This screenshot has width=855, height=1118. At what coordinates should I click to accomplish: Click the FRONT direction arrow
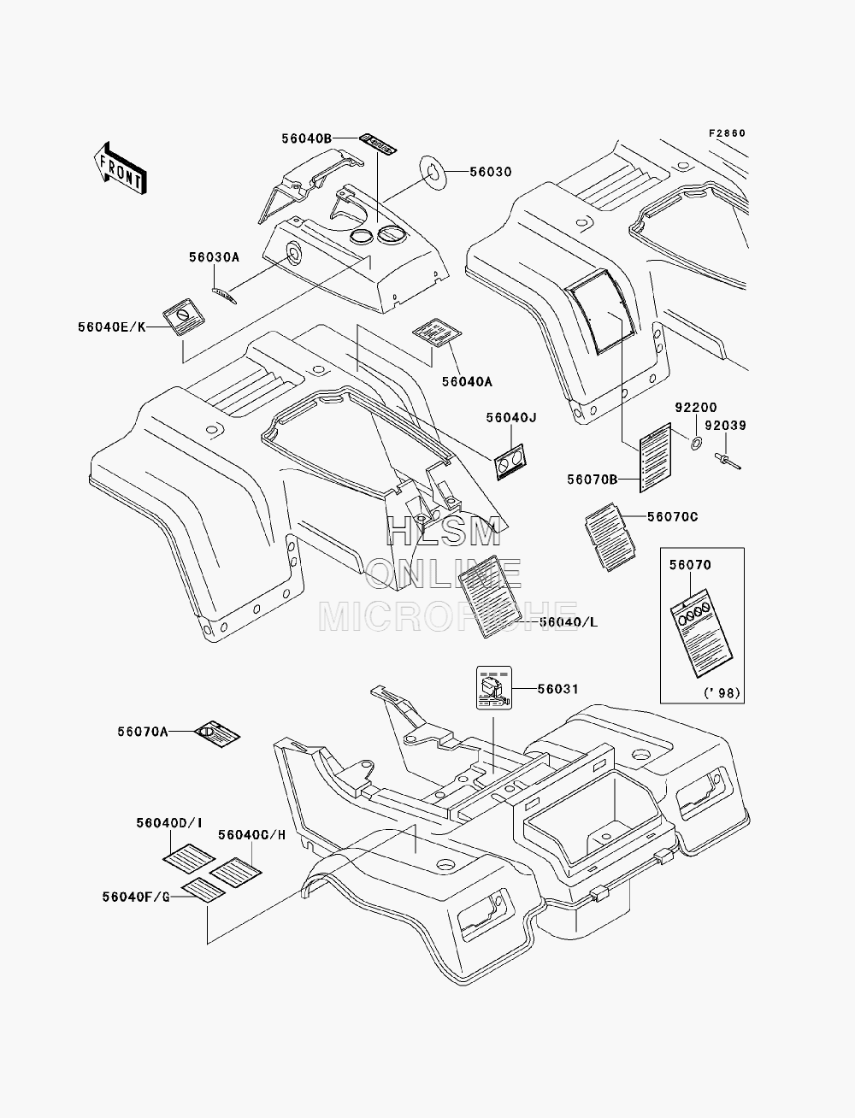tap(121, 168)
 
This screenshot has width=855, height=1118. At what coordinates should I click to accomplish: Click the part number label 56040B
tap(307, 138)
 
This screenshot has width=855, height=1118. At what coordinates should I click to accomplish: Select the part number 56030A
tap(214, 257)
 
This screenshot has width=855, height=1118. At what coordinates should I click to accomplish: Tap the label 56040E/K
tap(112, 327)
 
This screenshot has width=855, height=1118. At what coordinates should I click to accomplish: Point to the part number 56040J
tap(511, 418)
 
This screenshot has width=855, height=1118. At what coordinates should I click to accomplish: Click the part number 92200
tap(696, 408)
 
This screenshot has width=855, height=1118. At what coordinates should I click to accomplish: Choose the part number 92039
tap(726, 426)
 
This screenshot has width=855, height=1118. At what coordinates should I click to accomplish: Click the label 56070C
tap(673, 517)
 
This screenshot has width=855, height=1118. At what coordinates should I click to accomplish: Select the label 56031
tap(558, 689)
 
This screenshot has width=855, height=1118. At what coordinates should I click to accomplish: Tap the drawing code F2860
tap(727, 133)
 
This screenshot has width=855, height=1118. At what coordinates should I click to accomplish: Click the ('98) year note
tap(722, 693)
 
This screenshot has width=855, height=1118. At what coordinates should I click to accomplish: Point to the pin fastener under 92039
tap(727, 461)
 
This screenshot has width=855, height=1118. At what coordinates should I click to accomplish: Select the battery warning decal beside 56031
tap(493, 687)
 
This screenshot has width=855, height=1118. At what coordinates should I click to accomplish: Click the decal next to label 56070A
tap(217, 734)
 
